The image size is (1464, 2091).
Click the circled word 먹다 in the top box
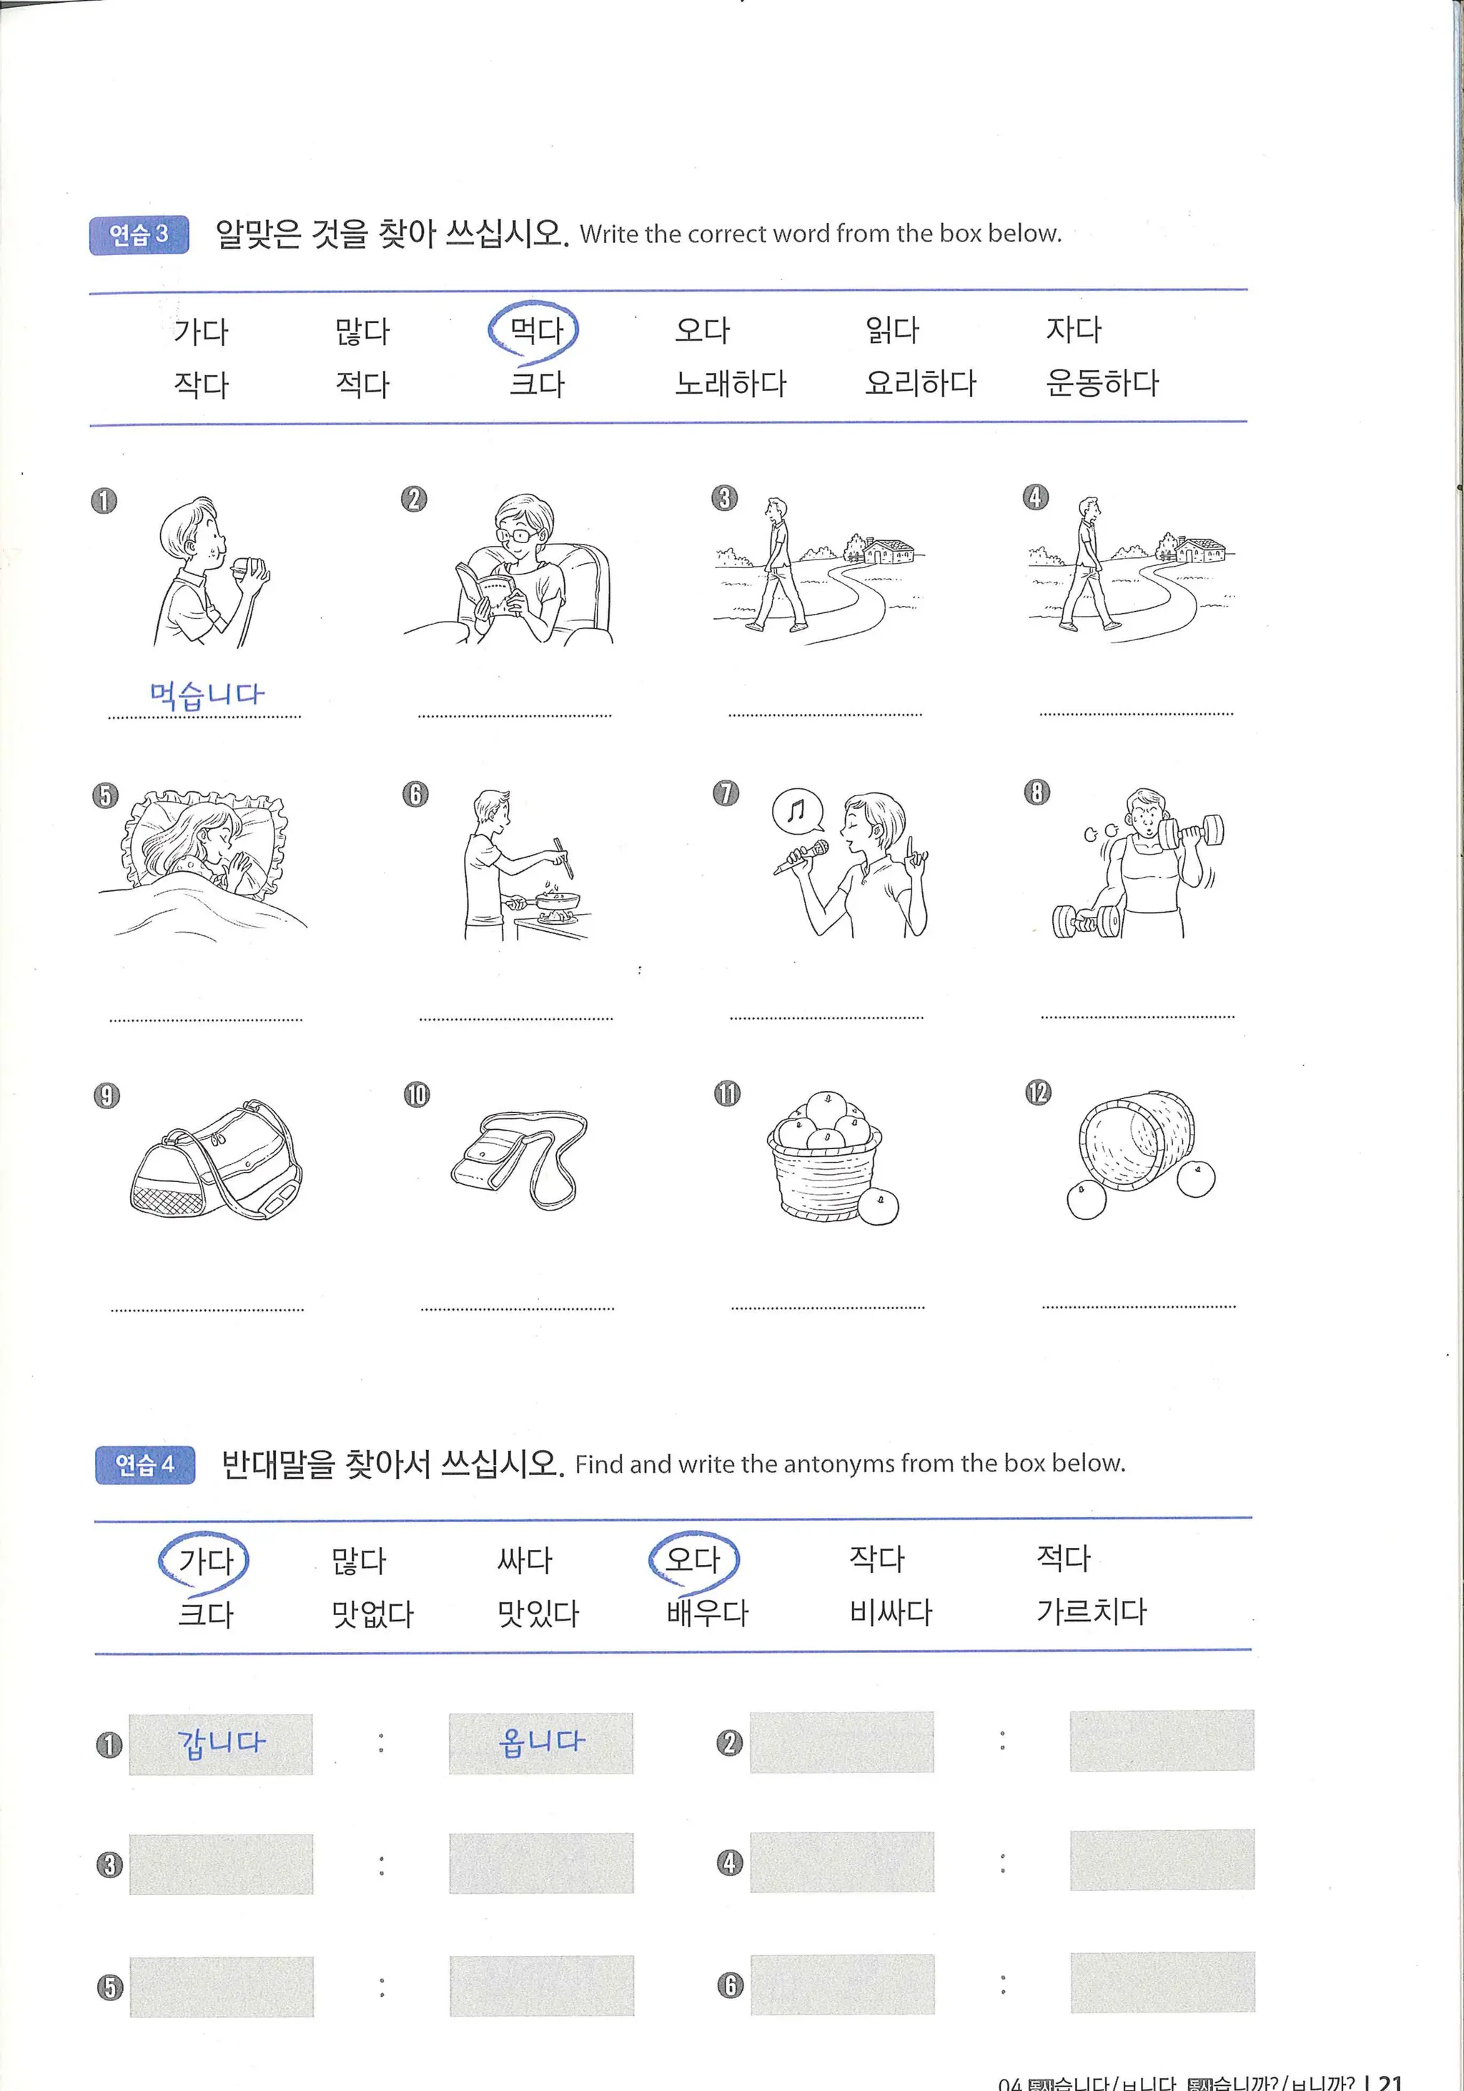click(535, 329)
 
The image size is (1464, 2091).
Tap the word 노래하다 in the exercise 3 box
click(730, 384)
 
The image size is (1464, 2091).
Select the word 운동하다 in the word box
click(1102, 382)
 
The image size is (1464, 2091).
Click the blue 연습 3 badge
click(139, 235)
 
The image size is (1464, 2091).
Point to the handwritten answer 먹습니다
click(206, 695)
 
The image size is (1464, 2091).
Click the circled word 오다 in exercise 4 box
click(693, 1559)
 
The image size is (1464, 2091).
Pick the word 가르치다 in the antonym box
click(1090, 1611)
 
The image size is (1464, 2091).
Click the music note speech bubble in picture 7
click(797, 809)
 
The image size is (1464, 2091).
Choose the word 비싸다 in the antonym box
click(890, 1612)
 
